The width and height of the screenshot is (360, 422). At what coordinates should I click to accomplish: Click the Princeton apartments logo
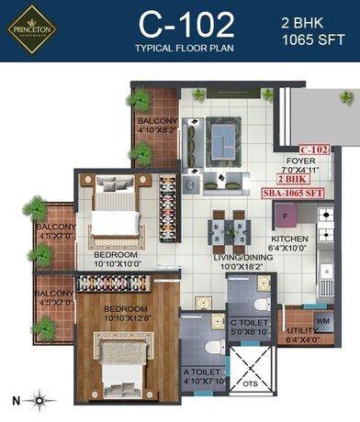33,33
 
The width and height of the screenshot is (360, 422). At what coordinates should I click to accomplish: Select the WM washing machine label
322,321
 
